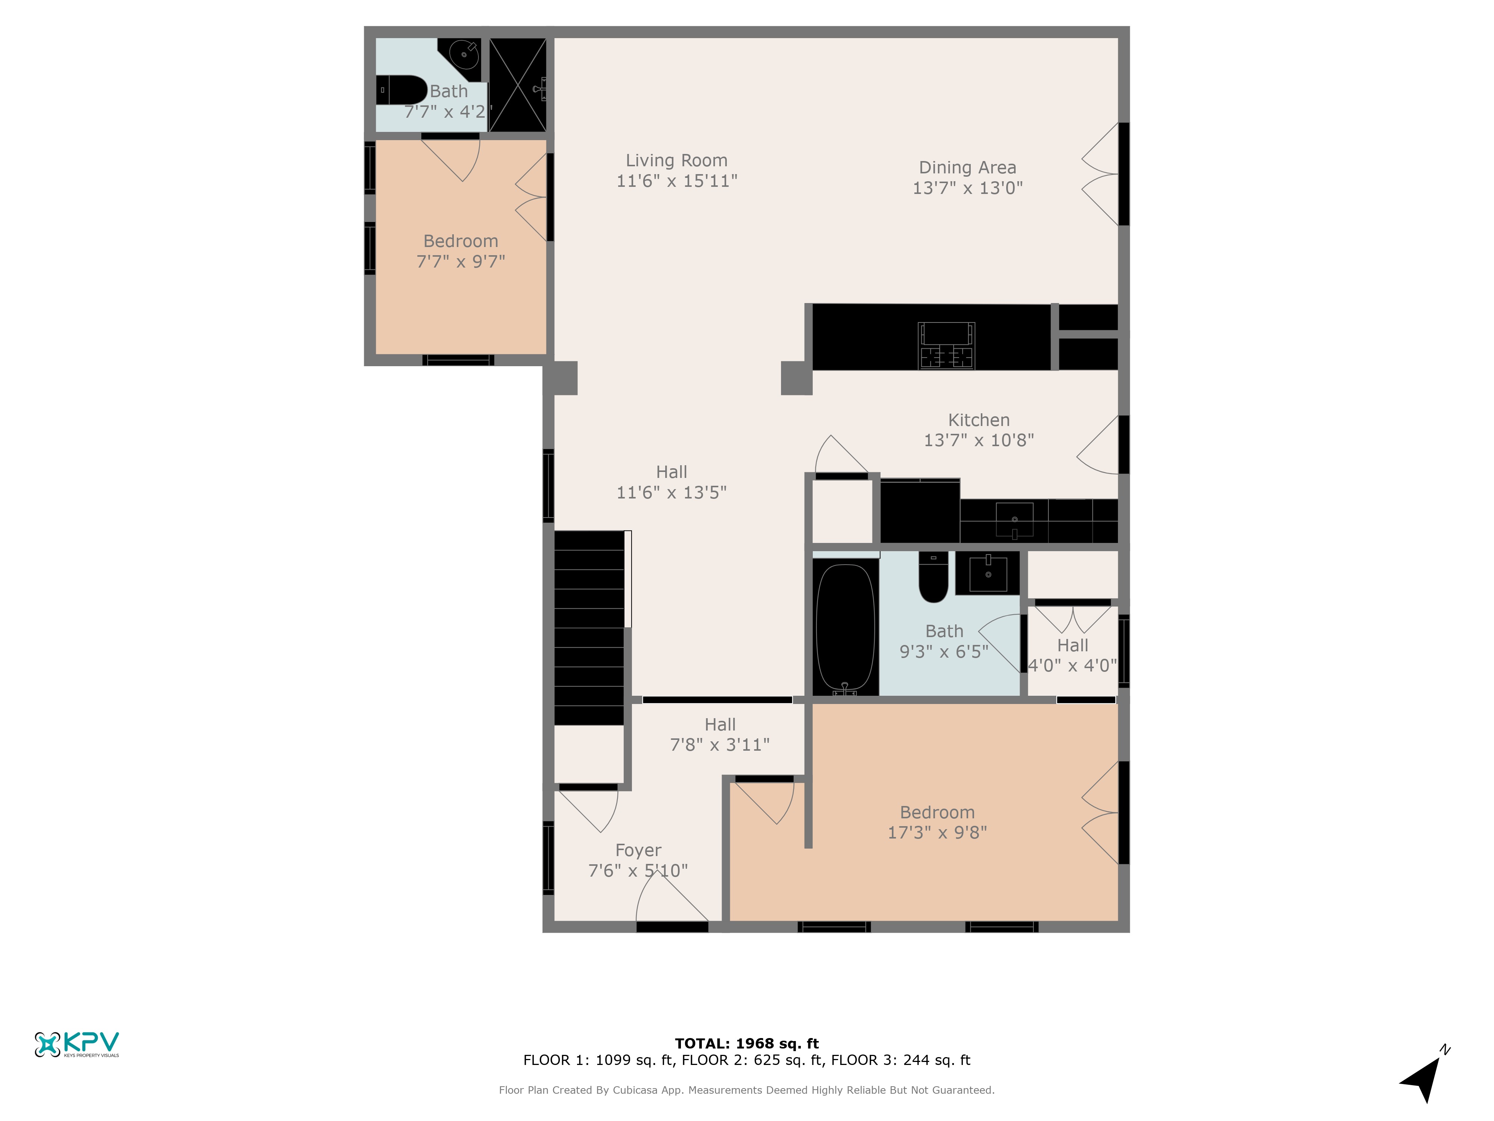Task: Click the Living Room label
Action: pyautogui.click(x=676, y=161)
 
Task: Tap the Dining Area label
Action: pyautogui.click(x=967, y=167)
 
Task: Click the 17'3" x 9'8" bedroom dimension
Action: pyautogui.click(x=937, y=833)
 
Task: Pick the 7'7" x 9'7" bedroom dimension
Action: pyautogui.click(x=461, y=262)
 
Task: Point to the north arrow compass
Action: pyautogui.click(x=1424, y=1074)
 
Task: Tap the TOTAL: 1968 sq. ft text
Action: pyautogui.click(x=746, y=1044)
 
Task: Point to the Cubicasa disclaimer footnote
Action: pyautogui.click(x=746, y=1090)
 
